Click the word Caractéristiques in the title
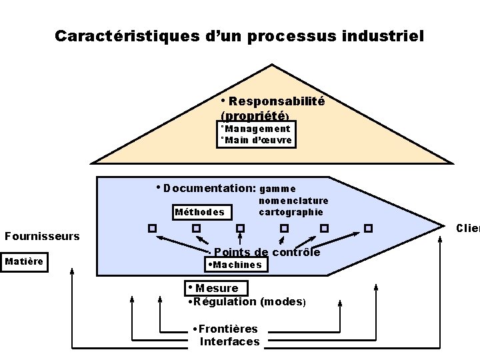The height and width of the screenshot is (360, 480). (125, 36)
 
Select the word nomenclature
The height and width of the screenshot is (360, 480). (293, 201)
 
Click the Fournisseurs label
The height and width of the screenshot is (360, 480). (42, 236)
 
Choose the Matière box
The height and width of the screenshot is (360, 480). (24, 261)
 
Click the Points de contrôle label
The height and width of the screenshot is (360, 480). (267, 252)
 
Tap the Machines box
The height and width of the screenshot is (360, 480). (237, 265)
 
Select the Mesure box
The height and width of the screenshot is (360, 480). (217, 288)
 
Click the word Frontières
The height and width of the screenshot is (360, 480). (228, 329)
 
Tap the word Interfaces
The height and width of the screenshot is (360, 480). (229, 341)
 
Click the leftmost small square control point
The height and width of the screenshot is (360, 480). (153, 228)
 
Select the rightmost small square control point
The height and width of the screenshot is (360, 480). (367, 228)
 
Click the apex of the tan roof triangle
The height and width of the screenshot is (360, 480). (272, 65)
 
